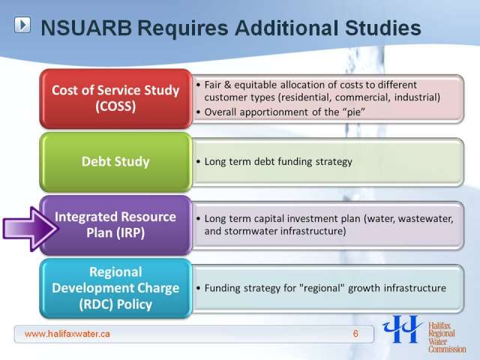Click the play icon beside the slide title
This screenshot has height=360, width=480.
pos(22,25)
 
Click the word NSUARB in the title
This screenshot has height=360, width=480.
pos(86,28)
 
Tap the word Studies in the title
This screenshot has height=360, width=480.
pos(383,28)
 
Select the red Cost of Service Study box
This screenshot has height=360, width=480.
pos(115,98)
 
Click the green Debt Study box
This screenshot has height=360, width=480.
pos(115,162)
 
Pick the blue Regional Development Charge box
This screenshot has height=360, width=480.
pos(115,288)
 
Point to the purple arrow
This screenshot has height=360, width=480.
pos(31,229)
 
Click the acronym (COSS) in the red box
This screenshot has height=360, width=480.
pos(115,106)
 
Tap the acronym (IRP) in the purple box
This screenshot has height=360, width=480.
pos(130,232)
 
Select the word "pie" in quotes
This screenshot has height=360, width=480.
pos(354,112)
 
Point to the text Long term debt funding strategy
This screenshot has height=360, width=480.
pos(278,162)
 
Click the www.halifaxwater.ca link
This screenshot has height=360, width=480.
pos(67,334)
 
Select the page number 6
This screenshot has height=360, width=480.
pos(355,334)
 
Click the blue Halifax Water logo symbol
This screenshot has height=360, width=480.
pos(403,329)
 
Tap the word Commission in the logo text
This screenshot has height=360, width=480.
pos(447,349)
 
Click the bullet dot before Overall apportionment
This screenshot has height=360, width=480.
pos(198,112)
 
